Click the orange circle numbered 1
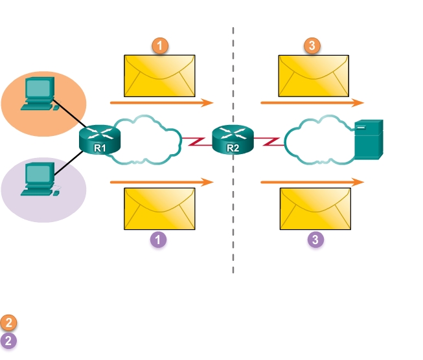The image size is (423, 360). point(159,45)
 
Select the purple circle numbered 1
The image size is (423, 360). point(159,240)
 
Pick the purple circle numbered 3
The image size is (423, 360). point(315,240)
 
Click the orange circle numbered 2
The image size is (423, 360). point(9,322)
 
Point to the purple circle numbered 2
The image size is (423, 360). point(9,341)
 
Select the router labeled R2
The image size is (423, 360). point(233,139)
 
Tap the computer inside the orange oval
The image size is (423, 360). point(39,95)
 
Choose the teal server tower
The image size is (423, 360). point(370,139)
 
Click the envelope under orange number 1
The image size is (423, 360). point(159,76)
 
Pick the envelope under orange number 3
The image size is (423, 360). point(314,76)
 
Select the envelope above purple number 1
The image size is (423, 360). point(159,209)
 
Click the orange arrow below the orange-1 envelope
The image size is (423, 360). point(161,102)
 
